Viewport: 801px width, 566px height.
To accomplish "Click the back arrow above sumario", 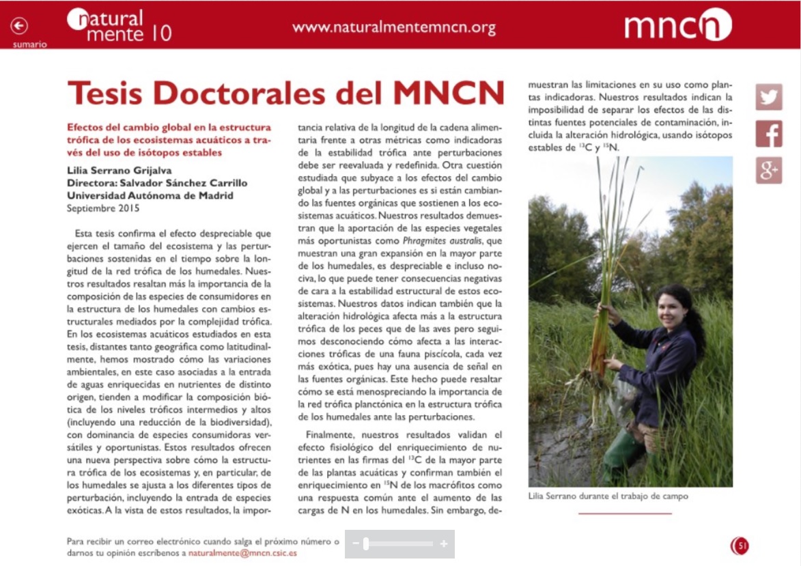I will [19, 26].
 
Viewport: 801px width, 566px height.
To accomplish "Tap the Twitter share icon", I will [769, 97].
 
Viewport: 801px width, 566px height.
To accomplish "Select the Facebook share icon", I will [769, 134].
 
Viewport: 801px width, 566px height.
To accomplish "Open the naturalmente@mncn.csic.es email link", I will [242, 553].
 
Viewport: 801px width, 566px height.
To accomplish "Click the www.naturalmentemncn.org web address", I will [393, 27].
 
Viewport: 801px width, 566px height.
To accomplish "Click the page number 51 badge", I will [740, 545].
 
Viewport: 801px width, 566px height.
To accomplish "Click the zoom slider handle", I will [366, 544].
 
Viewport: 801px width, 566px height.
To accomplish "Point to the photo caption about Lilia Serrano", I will [608, 496].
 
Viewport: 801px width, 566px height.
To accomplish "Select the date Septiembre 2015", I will [103, 208].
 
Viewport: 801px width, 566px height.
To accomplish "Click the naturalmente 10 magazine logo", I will [120, 25].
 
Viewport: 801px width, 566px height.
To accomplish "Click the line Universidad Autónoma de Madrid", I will [150, 195].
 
